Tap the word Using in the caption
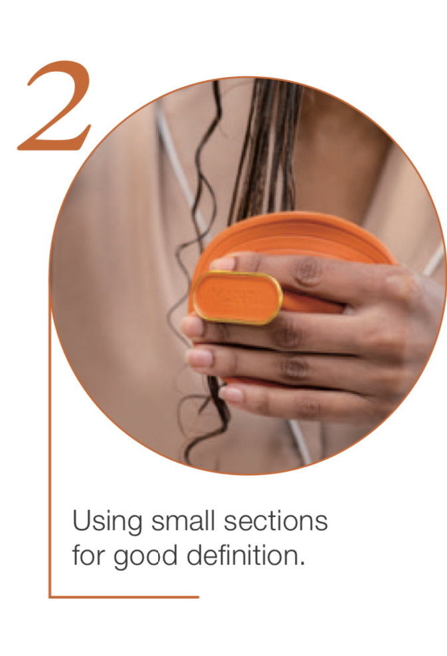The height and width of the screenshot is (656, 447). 107,522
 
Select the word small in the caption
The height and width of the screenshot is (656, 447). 183,521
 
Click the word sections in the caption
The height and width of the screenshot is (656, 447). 276,521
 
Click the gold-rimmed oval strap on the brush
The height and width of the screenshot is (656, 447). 238,298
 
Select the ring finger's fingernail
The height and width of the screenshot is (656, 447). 199,358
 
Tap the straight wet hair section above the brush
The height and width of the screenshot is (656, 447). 268,151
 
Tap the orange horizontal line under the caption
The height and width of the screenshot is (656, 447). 124,597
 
